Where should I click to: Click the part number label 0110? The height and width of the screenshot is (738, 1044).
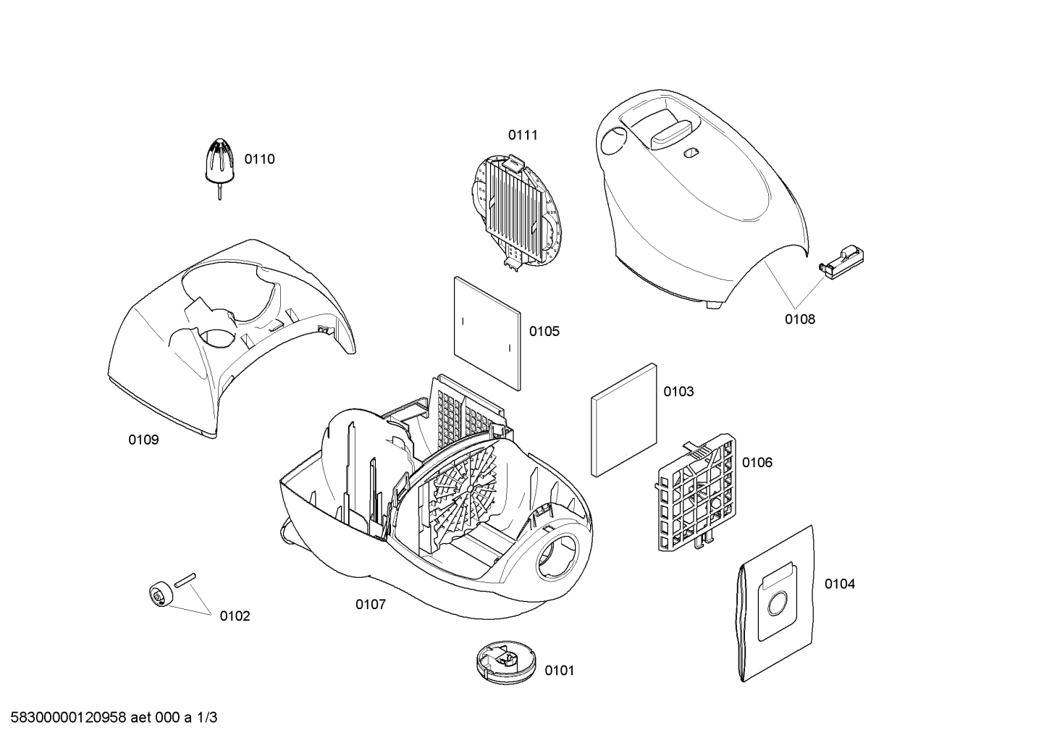coord(259,159)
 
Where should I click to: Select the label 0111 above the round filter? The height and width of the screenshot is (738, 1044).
coord(523,135)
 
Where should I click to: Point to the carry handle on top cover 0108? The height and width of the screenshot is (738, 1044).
coord(668,134)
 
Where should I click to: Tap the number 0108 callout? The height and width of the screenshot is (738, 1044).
coord(800,319)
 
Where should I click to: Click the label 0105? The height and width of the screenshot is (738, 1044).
coord(544,332)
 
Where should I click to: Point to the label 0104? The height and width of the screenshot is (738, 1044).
coord(839,584)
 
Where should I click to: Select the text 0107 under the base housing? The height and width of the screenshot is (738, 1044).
coord(370,605)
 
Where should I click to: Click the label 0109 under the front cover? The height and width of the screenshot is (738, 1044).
coord(143,440)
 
